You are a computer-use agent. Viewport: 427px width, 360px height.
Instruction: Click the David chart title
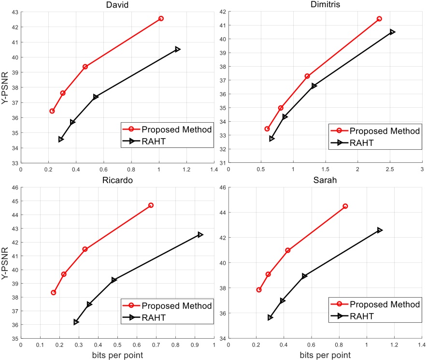tap(117, 4)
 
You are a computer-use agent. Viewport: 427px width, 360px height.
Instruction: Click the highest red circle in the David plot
tap(161, 18)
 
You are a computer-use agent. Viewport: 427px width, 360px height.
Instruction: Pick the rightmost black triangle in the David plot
tap(178, 49)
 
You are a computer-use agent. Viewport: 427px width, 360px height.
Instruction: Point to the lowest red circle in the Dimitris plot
tap(267, 129)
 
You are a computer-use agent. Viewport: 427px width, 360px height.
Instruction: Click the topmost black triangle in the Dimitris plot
tap(392, 32)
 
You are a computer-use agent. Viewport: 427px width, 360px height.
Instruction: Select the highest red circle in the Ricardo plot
tap(151, 205)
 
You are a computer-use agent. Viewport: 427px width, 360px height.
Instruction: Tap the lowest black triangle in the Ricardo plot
tap(76, 322)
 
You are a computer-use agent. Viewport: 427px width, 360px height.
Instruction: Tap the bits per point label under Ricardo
tap(117, 355)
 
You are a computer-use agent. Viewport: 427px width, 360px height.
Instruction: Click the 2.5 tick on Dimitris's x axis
tap(389, 170)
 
